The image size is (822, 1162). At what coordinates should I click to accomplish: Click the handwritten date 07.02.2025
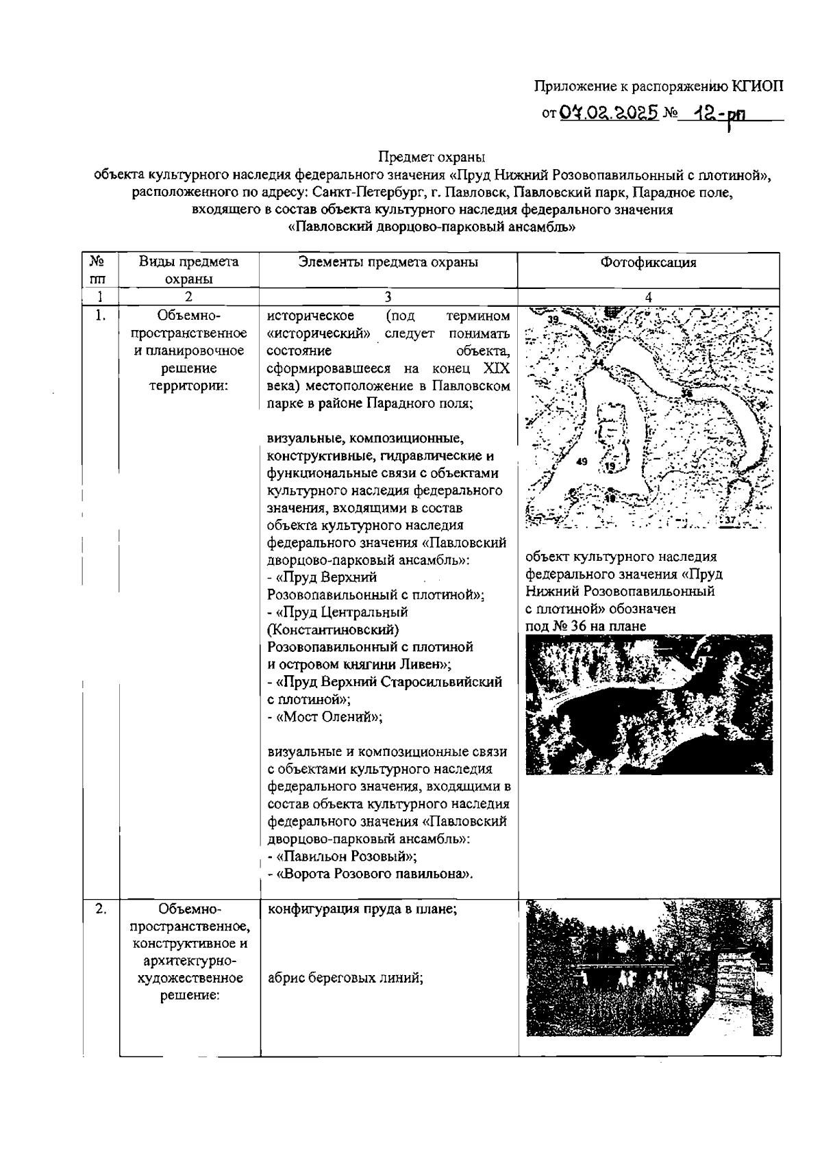click(609, 111)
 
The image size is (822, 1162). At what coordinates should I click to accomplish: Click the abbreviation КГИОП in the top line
click(756, 86)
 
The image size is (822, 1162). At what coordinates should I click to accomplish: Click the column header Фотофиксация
click(648, 262)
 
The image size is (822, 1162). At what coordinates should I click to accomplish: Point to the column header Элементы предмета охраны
click(388, 262)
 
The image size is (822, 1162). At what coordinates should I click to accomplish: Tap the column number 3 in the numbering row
click(388, 296)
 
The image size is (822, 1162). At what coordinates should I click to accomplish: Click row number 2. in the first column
click(100, 909)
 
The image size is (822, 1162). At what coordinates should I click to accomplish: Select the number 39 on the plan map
click(553, 320)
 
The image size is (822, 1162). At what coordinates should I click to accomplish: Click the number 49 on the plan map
click(582, 461)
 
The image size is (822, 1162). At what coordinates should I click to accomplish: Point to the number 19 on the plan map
click(610, 466)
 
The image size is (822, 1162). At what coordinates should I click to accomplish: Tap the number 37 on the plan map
click(730, 520)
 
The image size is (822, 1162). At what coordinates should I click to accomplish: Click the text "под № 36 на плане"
click(586, 626)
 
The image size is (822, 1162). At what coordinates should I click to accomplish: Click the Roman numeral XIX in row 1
click(497, 368)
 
